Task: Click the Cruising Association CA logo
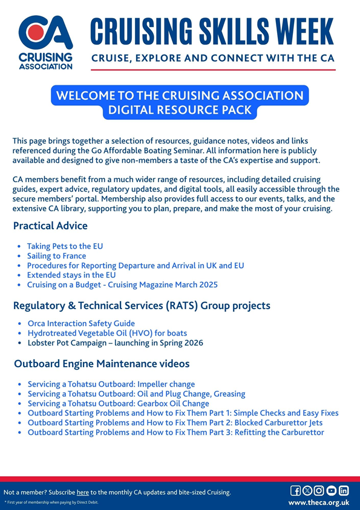(45, 41)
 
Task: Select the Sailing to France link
(56, 257)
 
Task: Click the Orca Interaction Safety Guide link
(81, 324)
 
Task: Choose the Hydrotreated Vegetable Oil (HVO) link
(107, 333)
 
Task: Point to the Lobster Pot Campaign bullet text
(114, 343)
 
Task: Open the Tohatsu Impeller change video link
(111, 384)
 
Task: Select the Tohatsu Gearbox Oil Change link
(118, 404)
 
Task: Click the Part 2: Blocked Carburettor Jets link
(175, 423)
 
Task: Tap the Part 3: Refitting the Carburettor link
(175, 433)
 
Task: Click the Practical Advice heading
(50, 226)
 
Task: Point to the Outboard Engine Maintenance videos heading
(101, 364)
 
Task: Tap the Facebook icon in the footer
(296, 491)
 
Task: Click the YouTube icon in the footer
(332, 491)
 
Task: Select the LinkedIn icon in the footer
(344, 491)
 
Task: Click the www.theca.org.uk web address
(319, 503)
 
